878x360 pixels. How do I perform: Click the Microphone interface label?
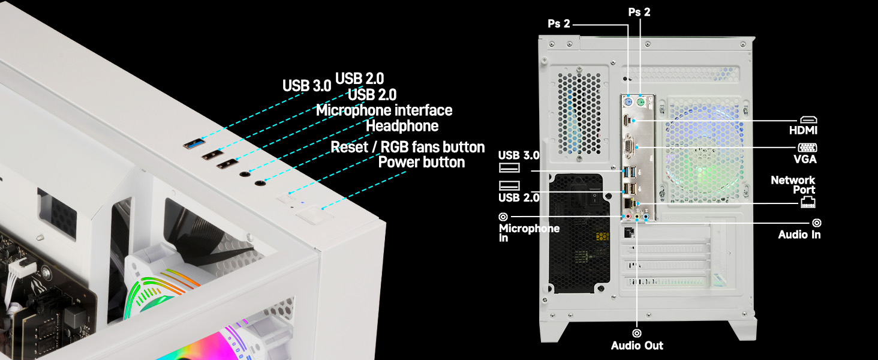(384, 110)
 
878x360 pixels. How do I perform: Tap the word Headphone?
(402, 126)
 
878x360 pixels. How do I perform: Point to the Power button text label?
(422, 163)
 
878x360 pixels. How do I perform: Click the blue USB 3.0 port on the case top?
(193, 143)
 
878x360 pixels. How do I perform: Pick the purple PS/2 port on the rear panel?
(628, 103)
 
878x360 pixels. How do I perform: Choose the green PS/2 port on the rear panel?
(641, 103)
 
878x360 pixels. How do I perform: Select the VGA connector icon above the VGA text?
(807, 148)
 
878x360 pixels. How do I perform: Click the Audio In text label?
(799, 235)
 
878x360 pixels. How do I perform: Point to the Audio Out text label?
(637, 346)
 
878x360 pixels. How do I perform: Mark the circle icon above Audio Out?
(637, 332)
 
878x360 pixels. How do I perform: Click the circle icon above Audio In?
(816, 223)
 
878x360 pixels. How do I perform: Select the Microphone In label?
(529, 233)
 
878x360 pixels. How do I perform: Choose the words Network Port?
(793, 185)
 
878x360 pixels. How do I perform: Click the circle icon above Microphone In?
(503, 217)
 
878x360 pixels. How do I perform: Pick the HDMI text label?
(803, 130)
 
